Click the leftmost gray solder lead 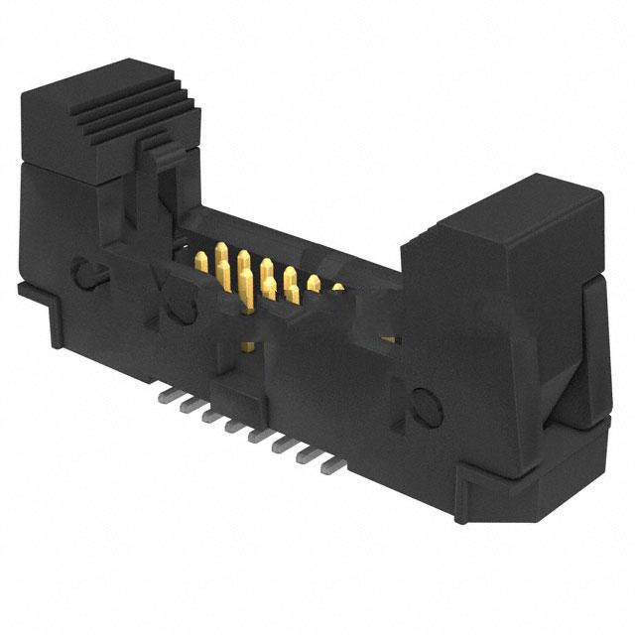[163, 396]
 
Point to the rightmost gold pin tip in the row [336, 289]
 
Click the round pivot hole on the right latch [423, 405]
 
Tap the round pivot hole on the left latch [85, 270]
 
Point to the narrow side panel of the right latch [592, 347]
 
